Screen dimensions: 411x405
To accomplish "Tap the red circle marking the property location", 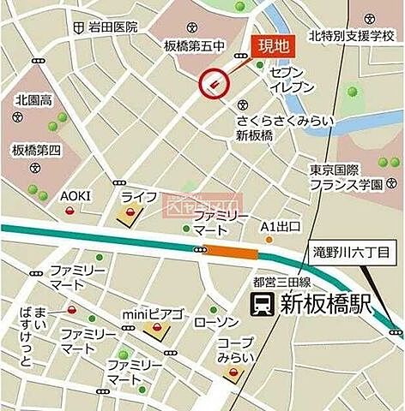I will click(x=215, y=83).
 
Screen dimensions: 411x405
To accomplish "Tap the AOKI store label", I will click(x=75, y=196).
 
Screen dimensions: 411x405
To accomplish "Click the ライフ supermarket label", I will click(x=138, y=197).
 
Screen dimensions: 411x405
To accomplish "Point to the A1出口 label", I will click(x=281, y=227).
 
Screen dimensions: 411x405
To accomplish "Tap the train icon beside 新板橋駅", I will click(x=259, y=303).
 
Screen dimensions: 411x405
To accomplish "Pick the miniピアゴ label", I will click(x=154, y=314).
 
